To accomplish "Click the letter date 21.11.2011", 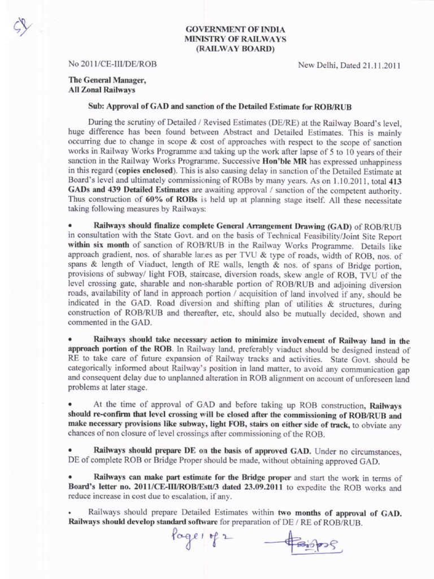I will click(x=380, y=66).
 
